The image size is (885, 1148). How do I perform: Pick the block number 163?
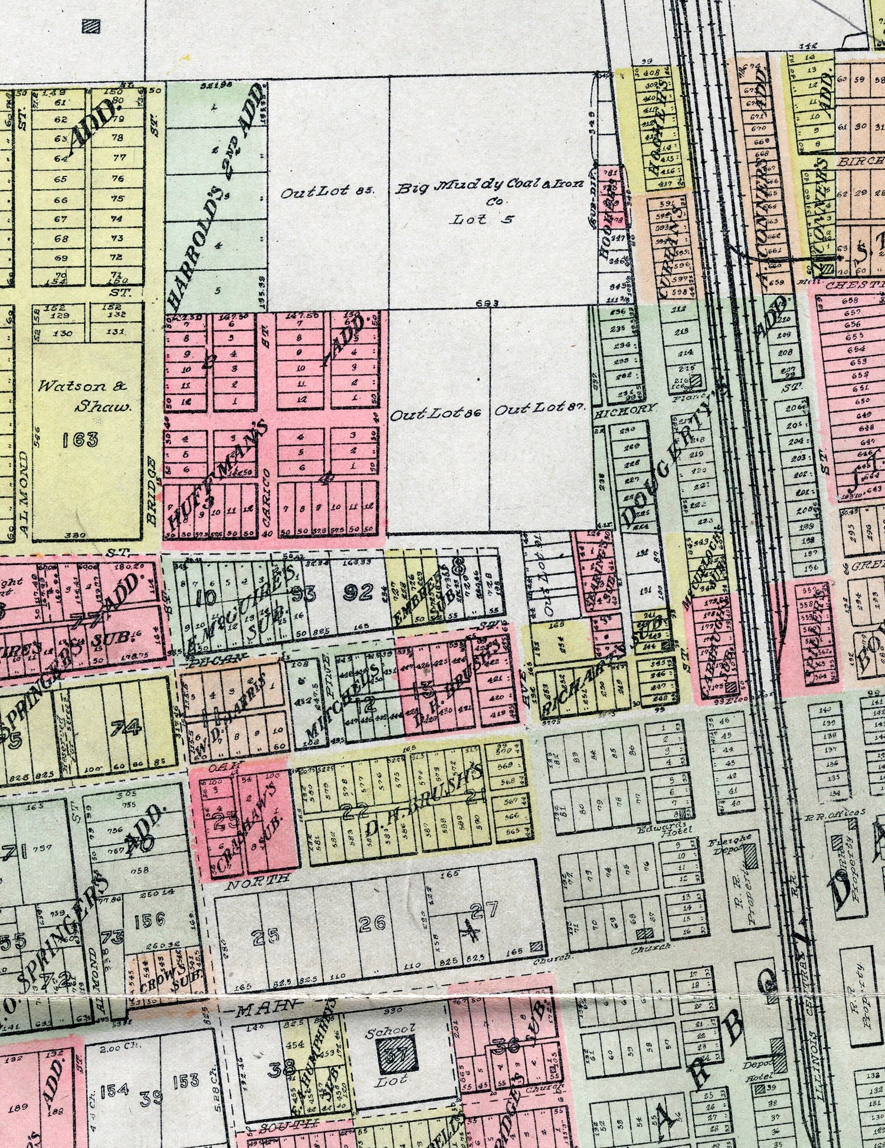pos(80,439)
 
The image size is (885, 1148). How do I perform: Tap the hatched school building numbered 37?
pos(396,1055)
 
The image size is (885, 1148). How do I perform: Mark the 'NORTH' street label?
pos(258,878)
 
